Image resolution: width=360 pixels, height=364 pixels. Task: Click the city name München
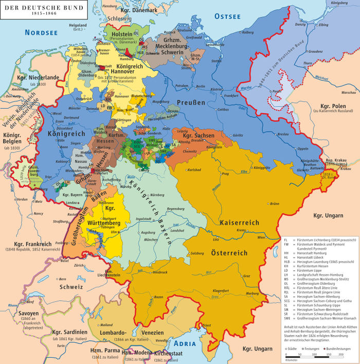[150, 240]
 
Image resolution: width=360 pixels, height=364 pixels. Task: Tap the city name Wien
[262, 238]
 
